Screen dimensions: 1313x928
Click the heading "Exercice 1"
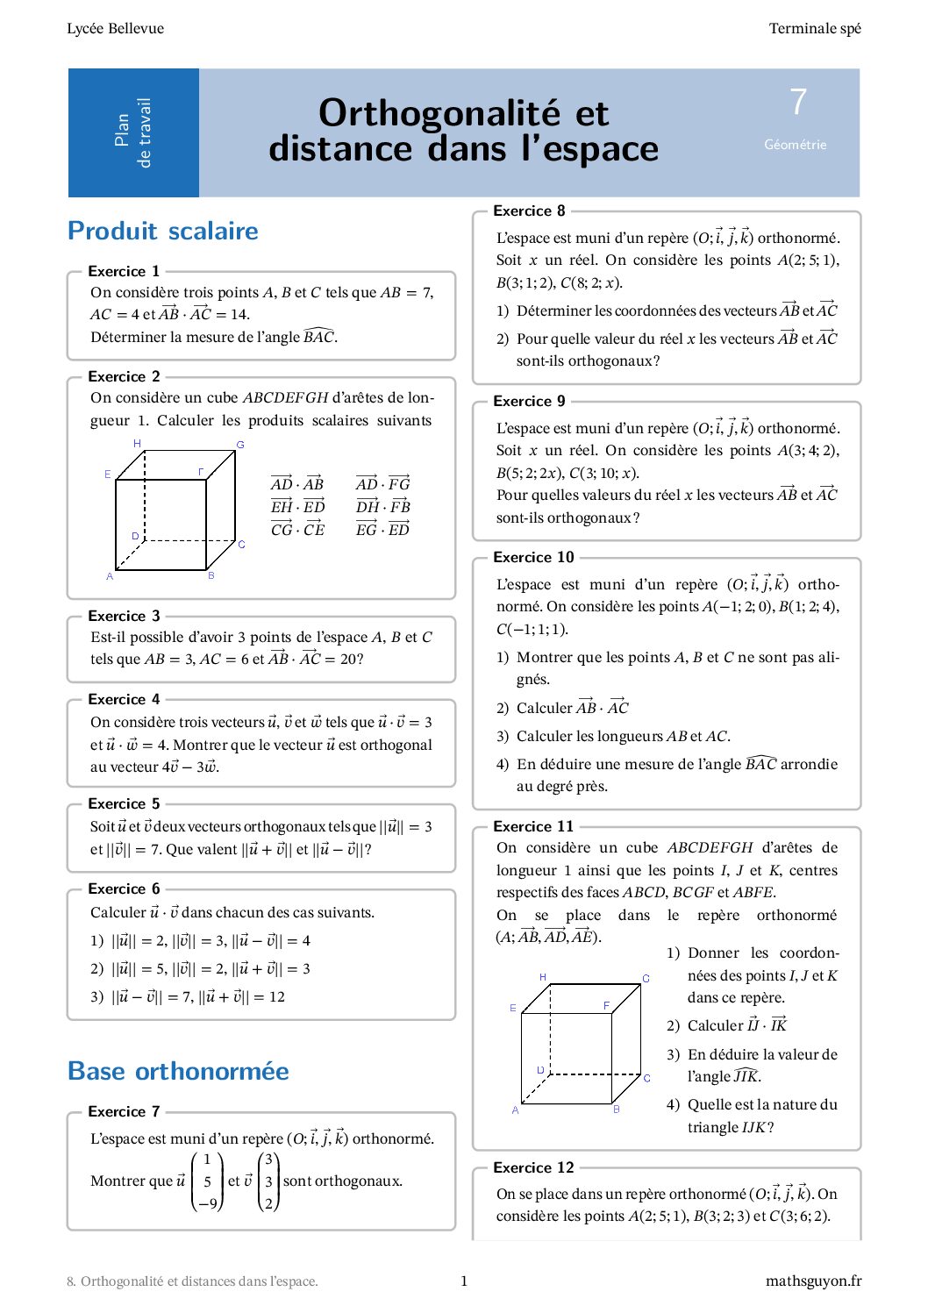[x=124, y=271]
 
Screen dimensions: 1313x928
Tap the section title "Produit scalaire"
[x=163, y=231]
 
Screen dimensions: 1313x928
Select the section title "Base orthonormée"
[x=178, y=1071]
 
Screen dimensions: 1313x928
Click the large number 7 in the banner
[x=797, y=103]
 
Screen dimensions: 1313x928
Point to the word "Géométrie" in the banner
[x=795, y=145]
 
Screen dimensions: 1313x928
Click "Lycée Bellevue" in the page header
[x=115, y=28]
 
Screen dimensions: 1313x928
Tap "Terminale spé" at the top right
[x=815, y=28]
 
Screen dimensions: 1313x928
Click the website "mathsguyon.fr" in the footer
[x=813, y=1281]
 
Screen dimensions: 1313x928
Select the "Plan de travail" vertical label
[x=133, y=132]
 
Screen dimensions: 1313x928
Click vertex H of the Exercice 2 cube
[x=138, y=444]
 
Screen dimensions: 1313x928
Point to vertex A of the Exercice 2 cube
[x=110, y=576]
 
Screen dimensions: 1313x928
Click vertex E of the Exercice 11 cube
[x=513, y=1009]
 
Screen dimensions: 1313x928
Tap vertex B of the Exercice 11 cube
[x=617, y=1110]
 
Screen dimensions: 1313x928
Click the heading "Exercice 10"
[x=533, y=557]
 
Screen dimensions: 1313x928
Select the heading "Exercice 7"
[x=124, y=1111]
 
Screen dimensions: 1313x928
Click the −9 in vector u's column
[x=207, y=1203]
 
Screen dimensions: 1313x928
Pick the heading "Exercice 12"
[x=533, y=1167]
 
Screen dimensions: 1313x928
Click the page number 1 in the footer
[x=464, y=1281]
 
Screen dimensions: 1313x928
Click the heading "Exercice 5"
[x=124, y=803]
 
